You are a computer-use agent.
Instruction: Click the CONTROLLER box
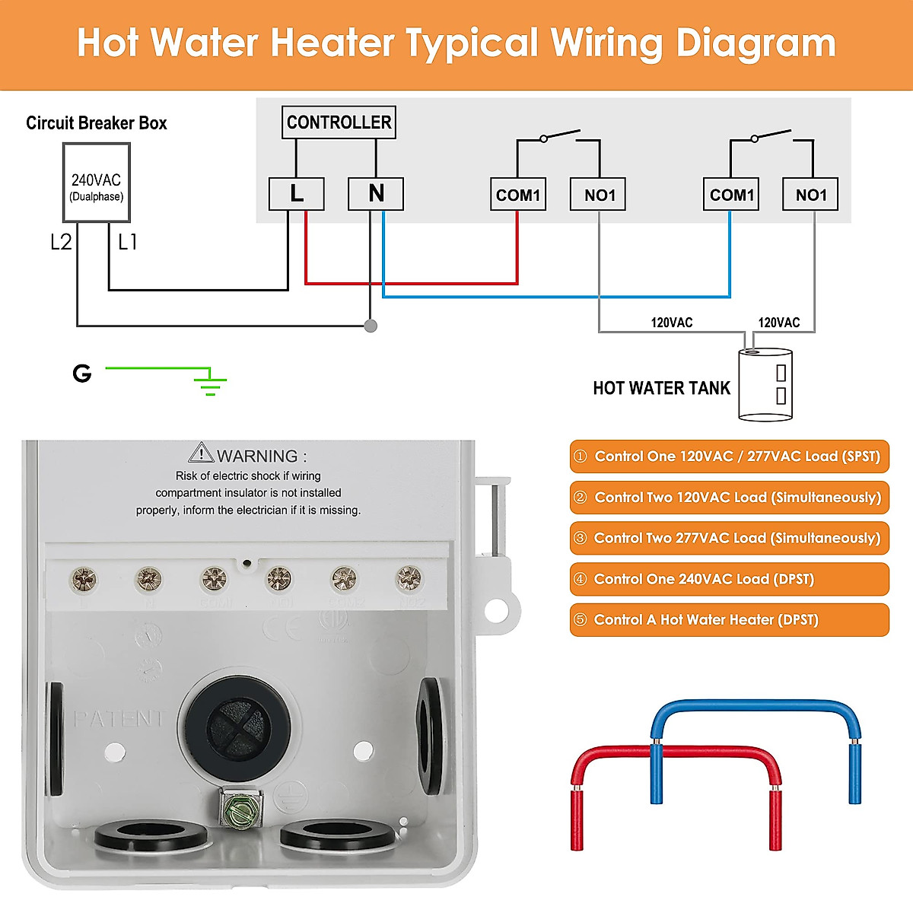(339, 122)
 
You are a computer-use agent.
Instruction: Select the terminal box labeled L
(297, 194)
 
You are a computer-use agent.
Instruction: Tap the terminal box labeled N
(376, 194)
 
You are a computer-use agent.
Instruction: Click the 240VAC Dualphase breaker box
(96, 184)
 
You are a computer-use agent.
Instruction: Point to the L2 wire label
(61, 242)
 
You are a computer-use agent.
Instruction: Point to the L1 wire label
(128, 242)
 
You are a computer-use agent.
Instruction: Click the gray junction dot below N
(371, 326)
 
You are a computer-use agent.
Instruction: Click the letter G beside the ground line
(81, 373)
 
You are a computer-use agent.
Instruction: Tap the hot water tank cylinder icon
(765, 384)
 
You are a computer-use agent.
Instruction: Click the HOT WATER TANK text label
(661, 388)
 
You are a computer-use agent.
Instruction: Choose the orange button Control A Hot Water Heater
(729, 619)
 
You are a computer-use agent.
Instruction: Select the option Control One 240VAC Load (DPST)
(729, 579)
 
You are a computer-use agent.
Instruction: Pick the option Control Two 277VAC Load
(729, 538)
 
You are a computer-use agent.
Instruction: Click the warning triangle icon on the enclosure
(201, 453)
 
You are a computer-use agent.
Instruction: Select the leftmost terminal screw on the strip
(83, 581)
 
